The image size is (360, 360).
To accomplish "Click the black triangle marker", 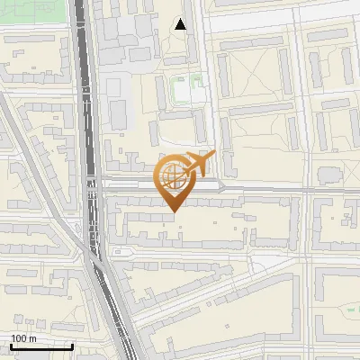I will (181, 24).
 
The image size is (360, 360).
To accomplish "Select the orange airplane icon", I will (200, 164).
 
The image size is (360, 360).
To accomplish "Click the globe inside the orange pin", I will (173, 177).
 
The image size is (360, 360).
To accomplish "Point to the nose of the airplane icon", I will (214, 155).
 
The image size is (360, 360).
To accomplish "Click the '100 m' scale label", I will (24, 338).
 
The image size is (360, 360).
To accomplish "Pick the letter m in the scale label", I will (32, 338).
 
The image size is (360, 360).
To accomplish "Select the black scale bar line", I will (41, 346).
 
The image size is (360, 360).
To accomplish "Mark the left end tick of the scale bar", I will (11, 346).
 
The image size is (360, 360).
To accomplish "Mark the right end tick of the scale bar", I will (72, 346).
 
